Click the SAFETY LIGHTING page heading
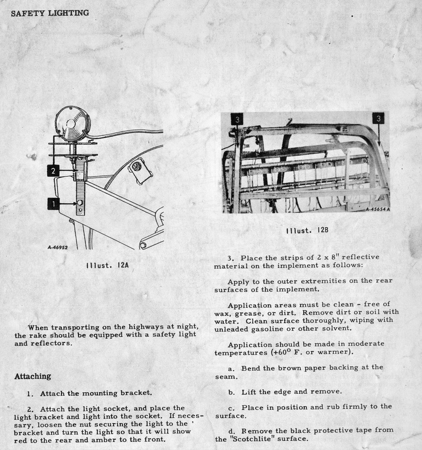(49, 13)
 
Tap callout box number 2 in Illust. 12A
(54, 172)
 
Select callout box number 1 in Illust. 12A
(54, 203)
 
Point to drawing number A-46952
(58, 247)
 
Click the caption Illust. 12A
(108, 265)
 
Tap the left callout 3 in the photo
(237, 120)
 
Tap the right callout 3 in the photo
(378, 118)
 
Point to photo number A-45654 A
(377, 210)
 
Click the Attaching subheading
(32, 376)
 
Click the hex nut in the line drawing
(138, 165)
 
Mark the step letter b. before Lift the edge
(231, 392)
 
